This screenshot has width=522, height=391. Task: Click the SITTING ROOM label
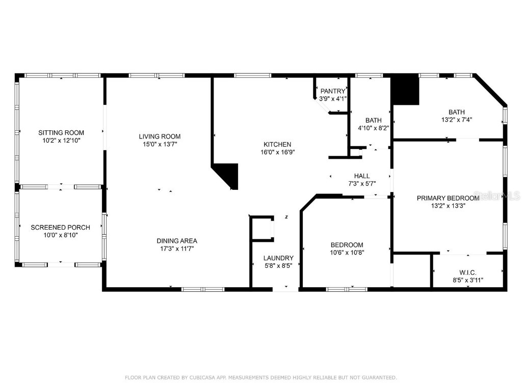tap(61, 133)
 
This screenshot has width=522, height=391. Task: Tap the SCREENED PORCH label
tap(61, 228)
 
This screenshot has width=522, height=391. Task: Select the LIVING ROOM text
tap(160, 136)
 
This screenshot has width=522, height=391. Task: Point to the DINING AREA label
tap(177, 241)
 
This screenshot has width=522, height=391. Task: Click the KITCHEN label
tap(277, 144)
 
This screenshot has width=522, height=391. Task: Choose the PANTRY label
tap(333, 91)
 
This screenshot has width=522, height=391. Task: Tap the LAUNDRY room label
tap(278, 258)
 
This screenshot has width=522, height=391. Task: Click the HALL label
tap(362, 176)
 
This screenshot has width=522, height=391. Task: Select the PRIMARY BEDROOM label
tap(448, 198)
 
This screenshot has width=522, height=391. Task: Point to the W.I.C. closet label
tap(467, 272)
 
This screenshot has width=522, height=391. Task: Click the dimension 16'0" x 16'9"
tap(277, 152)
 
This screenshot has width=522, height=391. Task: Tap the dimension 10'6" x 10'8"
tap(347, 252)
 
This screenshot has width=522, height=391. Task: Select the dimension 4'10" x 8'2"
tap(373, 128)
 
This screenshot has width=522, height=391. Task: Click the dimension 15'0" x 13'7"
tap(160, 144)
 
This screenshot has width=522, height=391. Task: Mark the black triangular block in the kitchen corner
tap(228, 174)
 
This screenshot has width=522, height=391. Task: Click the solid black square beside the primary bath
tap(405, 90)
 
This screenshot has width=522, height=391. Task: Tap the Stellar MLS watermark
tap(504, 196)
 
